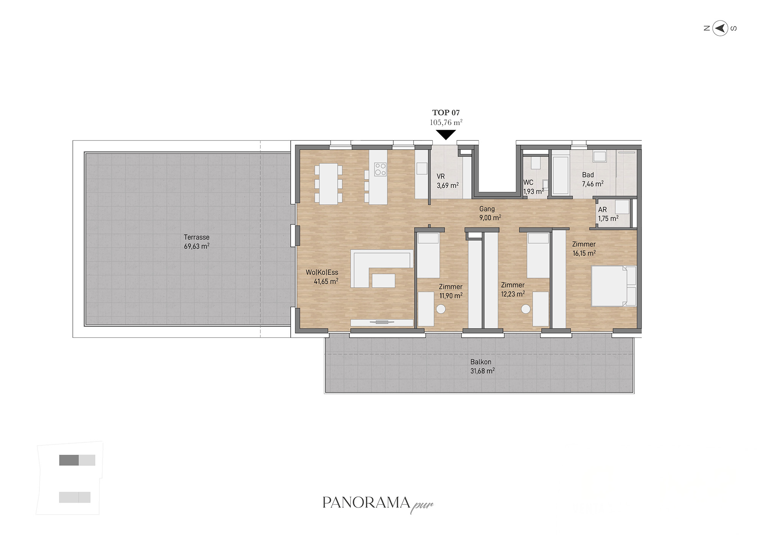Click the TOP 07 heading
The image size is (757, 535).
pyautogui.click(x=446, y=113)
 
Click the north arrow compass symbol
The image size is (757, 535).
pyautogui.click(x=720, y=28)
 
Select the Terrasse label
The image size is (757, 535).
pyautogui.click(x=196, y=237)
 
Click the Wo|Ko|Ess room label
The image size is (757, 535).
pyautogui.click(x=322, y=272)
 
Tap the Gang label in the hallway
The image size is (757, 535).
pyautogui.click(x=487, y=209)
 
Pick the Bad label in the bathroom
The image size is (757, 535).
pyautogui.click(x=588, y=175)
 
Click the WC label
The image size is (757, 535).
pyautogui.click(x=528, y=182)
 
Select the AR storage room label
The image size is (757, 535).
pyautogui.click(x=602, y=210)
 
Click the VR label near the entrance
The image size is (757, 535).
pyautogui.click(x=441, y=176)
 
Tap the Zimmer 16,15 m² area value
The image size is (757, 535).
pyautogui.click(x=584, y=254)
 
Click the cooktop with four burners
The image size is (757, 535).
pyautogui.click(x=380, y=169)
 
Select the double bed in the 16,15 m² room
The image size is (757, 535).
pyautogui.click(x=614, y=286)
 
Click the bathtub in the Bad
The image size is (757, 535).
pyautogui.click(x=561, y=175)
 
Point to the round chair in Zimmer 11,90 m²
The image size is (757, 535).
pyautogui.click(x=441, y=309)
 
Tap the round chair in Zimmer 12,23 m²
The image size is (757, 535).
pyautogui.click(x=526, y=309)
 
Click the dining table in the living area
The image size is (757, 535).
pyautogui.click(x=328, y=184)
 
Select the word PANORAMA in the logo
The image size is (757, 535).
pyautogui.click(x=366, y=502)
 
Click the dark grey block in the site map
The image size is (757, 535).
pyautogui.click(x=69, y=460)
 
